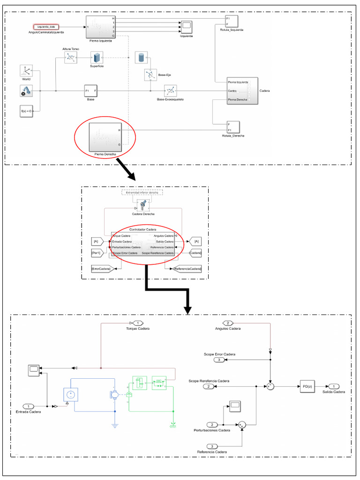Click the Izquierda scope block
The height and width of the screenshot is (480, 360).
187,27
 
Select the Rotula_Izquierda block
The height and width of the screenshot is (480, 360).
232,22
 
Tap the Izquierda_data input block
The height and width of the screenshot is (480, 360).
46,27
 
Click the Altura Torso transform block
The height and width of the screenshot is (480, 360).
70,58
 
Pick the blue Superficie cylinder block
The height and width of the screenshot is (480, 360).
97,58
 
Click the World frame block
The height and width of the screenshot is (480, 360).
26,71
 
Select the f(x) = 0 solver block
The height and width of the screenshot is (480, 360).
26,112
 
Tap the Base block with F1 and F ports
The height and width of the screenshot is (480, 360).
91,91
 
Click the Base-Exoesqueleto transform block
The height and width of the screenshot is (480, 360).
170,91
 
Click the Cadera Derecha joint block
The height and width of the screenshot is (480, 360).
143,205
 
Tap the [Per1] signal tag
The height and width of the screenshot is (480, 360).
96,253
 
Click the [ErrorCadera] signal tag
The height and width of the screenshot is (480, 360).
101,269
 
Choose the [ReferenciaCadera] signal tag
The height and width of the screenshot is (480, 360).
187,269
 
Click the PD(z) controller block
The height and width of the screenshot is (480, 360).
307,386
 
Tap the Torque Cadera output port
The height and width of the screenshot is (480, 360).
139,323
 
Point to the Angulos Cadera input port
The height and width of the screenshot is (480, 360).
228,323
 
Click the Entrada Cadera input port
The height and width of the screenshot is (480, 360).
29,406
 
